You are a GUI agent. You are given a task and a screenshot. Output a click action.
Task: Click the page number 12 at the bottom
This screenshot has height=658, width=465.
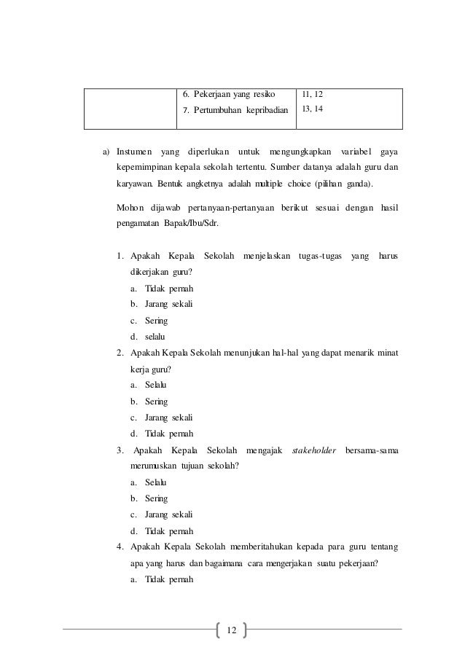[x=232, y=629]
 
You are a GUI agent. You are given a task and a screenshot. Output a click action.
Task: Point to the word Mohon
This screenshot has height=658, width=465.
[x=132, y=208]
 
